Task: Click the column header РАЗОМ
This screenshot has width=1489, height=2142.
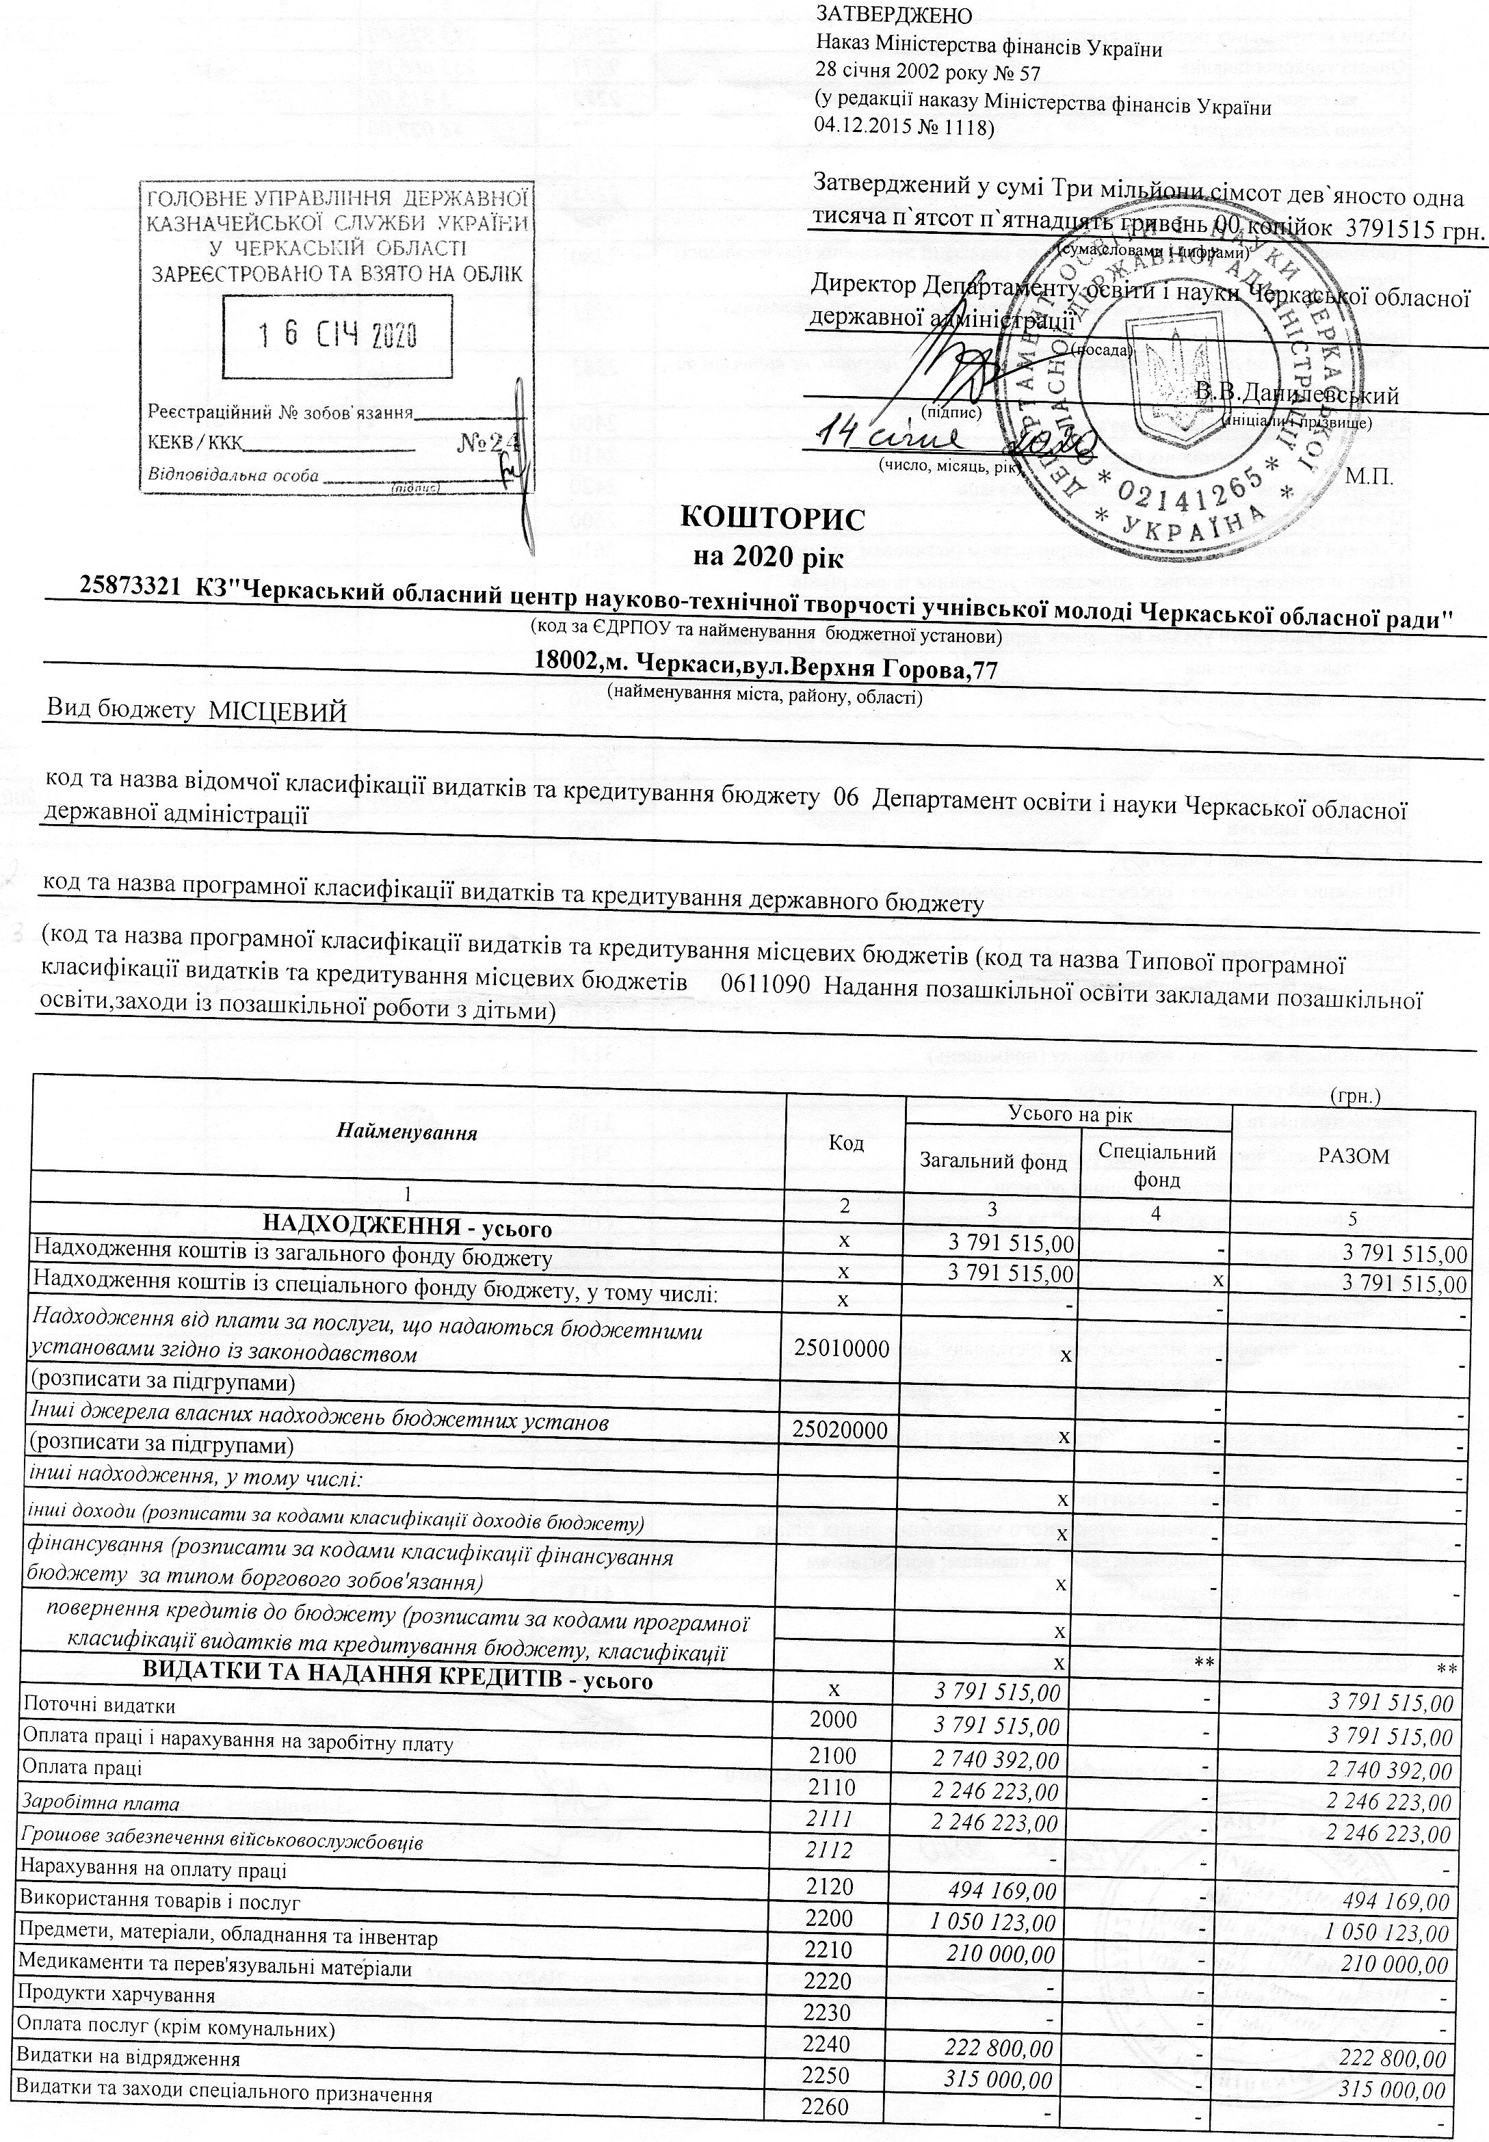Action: pos(1354,1156)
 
